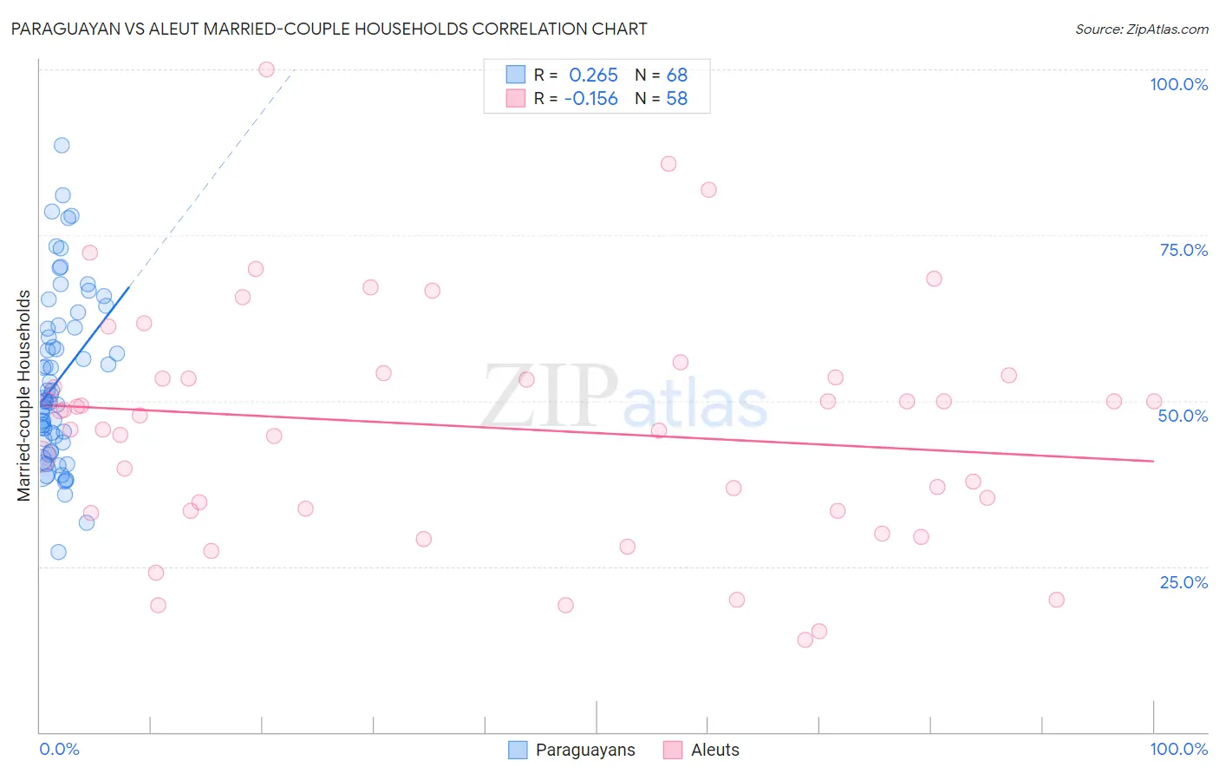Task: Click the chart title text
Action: click(x=329, y=29)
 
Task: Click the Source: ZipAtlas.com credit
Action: click(x=1141, y=30)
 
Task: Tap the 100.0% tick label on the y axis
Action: click(x=1178, y=84)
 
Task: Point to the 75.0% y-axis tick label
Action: click(x=1183, y=250)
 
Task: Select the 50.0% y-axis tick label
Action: click(x=1183, y=416)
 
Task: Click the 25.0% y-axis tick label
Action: click(x=1183, y=582)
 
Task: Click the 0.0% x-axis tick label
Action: click(x=59, y=749)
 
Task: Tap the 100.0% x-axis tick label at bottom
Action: click(x=1178, y=749)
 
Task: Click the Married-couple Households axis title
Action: click(x=23, y=396)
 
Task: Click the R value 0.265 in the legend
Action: click(x=593, y=75)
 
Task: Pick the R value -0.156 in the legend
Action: click(x=590, y=99)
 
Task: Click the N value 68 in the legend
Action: click(x=676, y=75)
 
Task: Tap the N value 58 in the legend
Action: click(x=676, y=99)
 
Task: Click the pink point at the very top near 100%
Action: click(x=266, y=69)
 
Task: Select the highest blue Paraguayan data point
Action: click(x=62, y=145)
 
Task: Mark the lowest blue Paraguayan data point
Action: click(x=58, y=552)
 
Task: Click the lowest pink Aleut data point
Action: click(x=805, y=640)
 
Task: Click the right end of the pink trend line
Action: click(x=1153, y=461)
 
